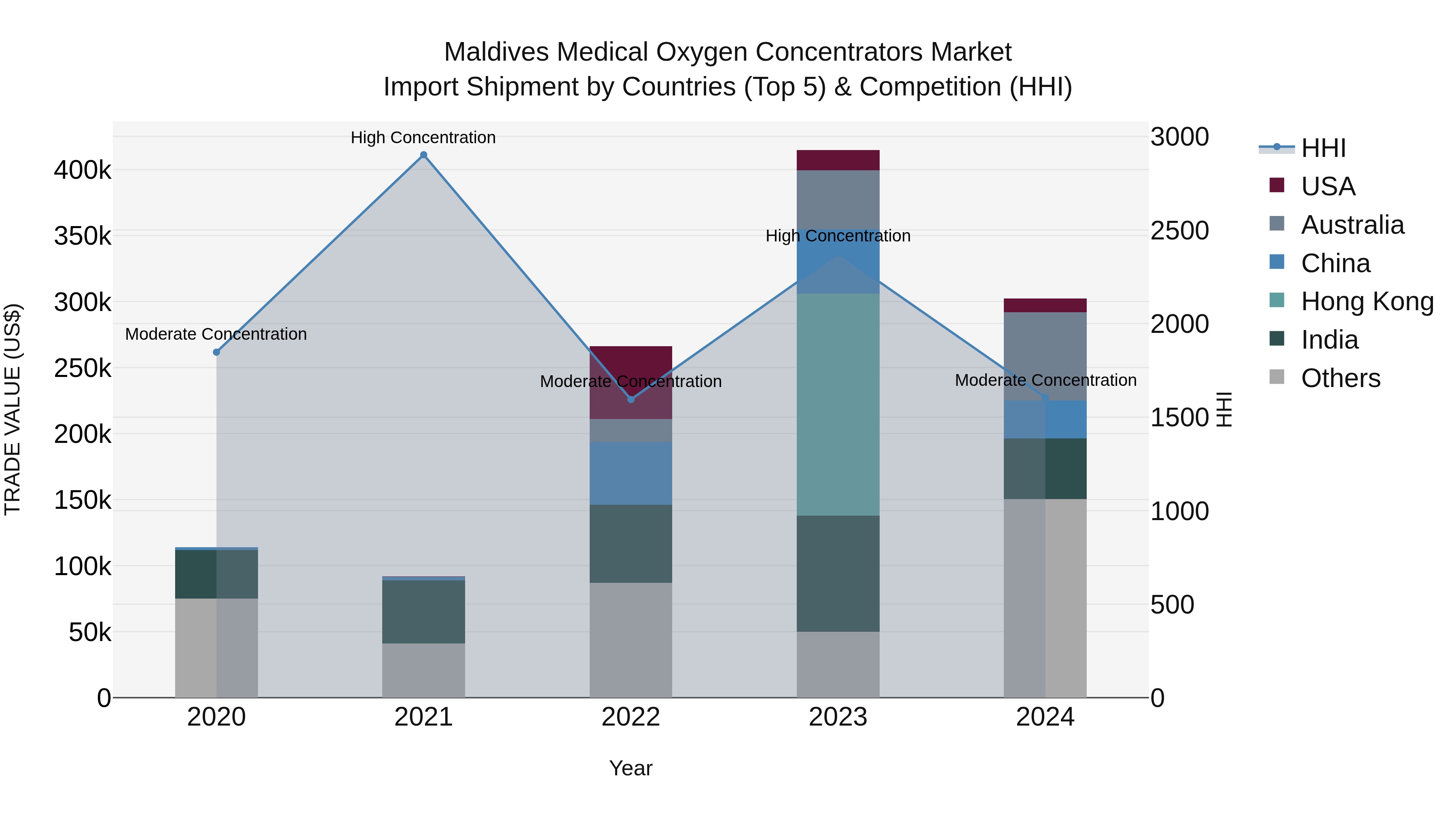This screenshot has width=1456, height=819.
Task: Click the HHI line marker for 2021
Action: tap(423, 155)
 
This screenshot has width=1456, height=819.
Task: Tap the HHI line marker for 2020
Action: tap(216, 352)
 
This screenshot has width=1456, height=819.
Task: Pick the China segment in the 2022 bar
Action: tap(631, 473)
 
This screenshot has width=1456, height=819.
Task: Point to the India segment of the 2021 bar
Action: tap(423, 612)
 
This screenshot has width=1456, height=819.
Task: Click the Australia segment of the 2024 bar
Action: tap(1045, 356)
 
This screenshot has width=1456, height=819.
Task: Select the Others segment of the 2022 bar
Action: tap(631, 640)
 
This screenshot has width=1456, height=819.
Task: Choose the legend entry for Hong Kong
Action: tap(1367, 301)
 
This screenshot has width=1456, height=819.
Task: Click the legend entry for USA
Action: tap(1328, 186)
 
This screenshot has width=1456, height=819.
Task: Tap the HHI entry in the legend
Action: tap(1323, 148)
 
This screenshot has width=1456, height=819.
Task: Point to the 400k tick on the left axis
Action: tap(83, 169)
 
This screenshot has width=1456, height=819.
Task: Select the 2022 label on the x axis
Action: tap(631, 717)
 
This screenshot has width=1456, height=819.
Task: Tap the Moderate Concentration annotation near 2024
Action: tap(1045, 381)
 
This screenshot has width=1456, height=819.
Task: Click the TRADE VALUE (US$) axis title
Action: tap(13, 409)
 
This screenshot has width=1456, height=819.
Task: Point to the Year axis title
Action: tap(631, 768)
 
